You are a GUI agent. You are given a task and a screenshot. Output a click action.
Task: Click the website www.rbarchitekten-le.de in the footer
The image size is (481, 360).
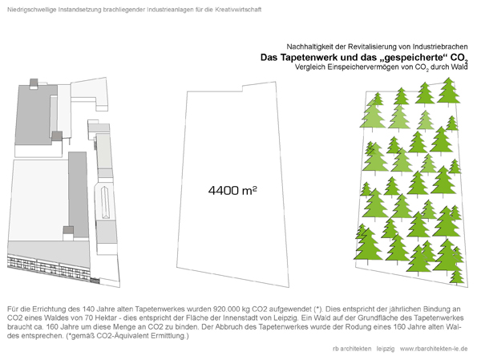point(435,349)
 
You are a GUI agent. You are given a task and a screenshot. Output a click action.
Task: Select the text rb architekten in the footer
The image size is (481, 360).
point(352,349)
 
